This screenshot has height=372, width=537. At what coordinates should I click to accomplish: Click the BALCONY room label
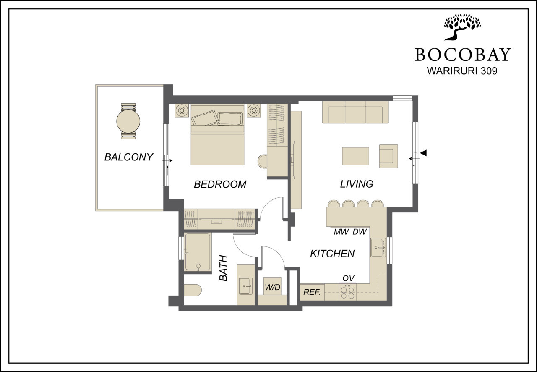coord(129,157)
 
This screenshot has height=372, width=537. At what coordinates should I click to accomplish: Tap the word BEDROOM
coord(220,184)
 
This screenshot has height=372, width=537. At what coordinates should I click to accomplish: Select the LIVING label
coord(357,184)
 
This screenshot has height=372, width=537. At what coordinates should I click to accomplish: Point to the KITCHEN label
coord(332,254)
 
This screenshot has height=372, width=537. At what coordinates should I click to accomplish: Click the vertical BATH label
coord(223,268)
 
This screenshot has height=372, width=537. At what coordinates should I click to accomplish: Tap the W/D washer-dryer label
coord(273,287)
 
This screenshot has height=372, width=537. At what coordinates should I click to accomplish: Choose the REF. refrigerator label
coord(312,292)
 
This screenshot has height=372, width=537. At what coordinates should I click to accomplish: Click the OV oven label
coord(348,278)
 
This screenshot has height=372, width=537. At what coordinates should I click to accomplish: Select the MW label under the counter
coord(341,232)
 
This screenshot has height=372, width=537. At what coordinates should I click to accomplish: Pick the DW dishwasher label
coord(360,232)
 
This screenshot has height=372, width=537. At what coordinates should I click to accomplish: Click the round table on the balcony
coord(128,121)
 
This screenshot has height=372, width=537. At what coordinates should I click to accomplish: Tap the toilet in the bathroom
coord(193,290)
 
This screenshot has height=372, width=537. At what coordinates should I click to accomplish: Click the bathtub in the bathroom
coord(198,252)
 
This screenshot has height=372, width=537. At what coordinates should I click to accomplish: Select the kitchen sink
coord(378,247)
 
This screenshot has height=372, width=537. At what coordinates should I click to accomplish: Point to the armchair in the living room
coord(388,156)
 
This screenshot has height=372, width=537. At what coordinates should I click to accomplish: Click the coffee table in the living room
coord(355,156)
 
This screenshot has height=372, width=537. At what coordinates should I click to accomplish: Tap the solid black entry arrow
coord(423,153)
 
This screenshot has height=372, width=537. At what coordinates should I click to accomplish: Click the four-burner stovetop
coord(348,292)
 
